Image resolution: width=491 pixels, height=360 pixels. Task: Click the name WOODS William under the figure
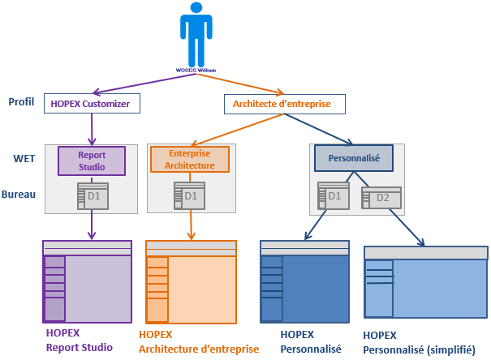[x=195, y=70]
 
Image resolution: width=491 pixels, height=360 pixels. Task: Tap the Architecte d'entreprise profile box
[x=283, y=104]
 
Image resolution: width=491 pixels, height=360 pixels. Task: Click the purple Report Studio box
[x=92, y=160]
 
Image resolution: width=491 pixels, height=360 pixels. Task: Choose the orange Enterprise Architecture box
[x=190, y=159]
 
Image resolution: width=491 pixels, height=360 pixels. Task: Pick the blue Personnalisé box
[x=352, y=157]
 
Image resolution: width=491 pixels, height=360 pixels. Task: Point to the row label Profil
[x=20, y=102]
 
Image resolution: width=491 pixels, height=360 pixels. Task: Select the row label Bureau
[x=18, y=195]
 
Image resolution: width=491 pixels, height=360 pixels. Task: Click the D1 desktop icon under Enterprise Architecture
[x=188, y=196]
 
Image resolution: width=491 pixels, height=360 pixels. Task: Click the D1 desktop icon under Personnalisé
[x=333, y=196]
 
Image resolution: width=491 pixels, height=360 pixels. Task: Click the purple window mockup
[x=88, y=281]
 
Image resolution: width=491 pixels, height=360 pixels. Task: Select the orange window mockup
[x=190, y=281]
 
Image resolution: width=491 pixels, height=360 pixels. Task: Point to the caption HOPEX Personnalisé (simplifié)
[x=418, y=341]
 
